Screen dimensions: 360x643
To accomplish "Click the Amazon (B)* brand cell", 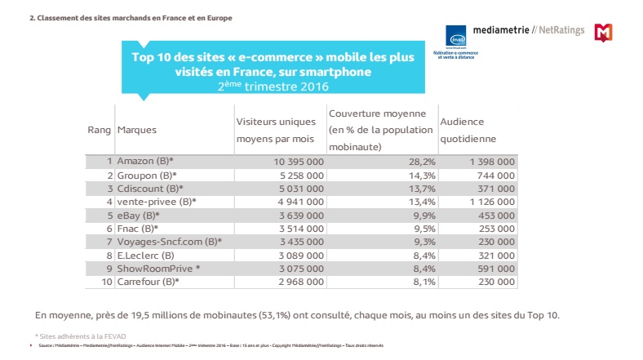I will [x=147, y=162].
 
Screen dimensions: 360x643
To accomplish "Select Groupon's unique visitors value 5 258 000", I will [x=295, y=176].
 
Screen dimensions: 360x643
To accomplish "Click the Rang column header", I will [x=99, y=130].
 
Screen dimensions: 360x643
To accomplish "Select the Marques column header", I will [x=137, y=130].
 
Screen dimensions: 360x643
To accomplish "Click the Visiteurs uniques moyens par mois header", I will [x=275, y=130].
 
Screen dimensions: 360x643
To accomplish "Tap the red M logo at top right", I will [x=603, y=33].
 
